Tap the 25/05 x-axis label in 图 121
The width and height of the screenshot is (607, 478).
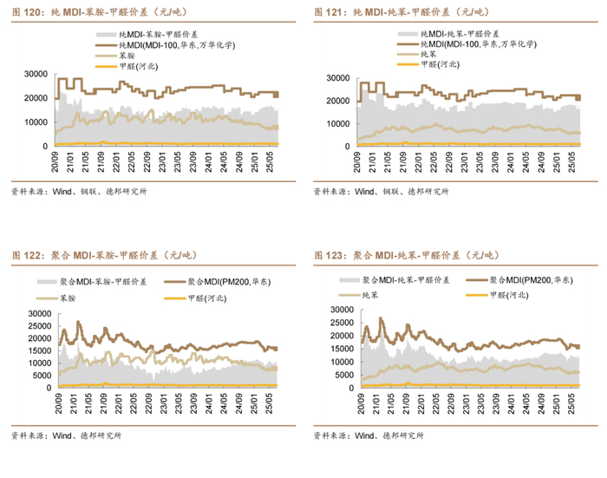[x=570, y=161]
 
